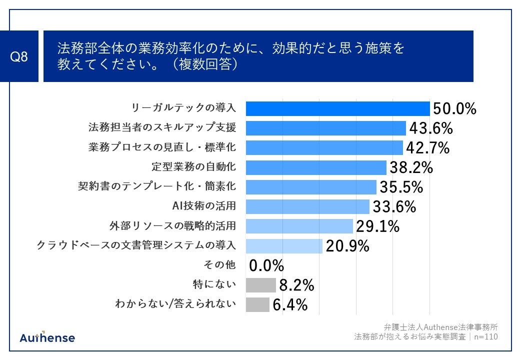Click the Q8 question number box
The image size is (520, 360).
[19, 56]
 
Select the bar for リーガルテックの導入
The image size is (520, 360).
[337, 108]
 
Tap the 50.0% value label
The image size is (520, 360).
[454, 108]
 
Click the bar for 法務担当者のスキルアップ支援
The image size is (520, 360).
[325, 128]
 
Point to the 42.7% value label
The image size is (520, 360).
[427, 148]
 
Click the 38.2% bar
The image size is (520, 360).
[315, 167]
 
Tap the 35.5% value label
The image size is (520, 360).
[401, 187]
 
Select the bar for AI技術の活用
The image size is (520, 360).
[307, 206]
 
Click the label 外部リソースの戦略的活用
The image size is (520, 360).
[172, 226]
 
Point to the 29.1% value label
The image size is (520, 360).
[377, 226]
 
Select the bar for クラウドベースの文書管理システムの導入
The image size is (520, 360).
[284, 246]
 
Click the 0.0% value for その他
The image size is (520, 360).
[266, 265]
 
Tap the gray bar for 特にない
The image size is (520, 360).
[260, 285]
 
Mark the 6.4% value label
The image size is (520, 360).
[290, 304]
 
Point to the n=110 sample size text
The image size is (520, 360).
[485, 336]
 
